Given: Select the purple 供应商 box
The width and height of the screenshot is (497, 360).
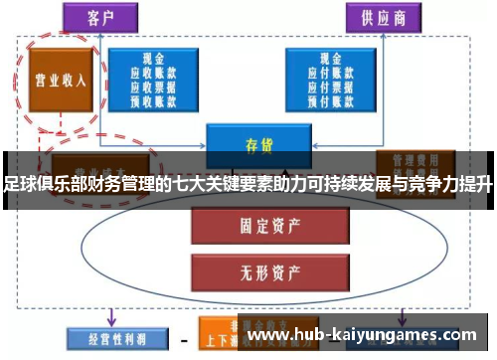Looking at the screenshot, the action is coord(379,16).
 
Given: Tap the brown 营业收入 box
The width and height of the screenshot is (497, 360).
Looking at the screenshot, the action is coord(56,80).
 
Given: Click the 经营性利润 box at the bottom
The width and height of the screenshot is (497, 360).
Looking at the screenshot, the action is coord(105,335).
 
